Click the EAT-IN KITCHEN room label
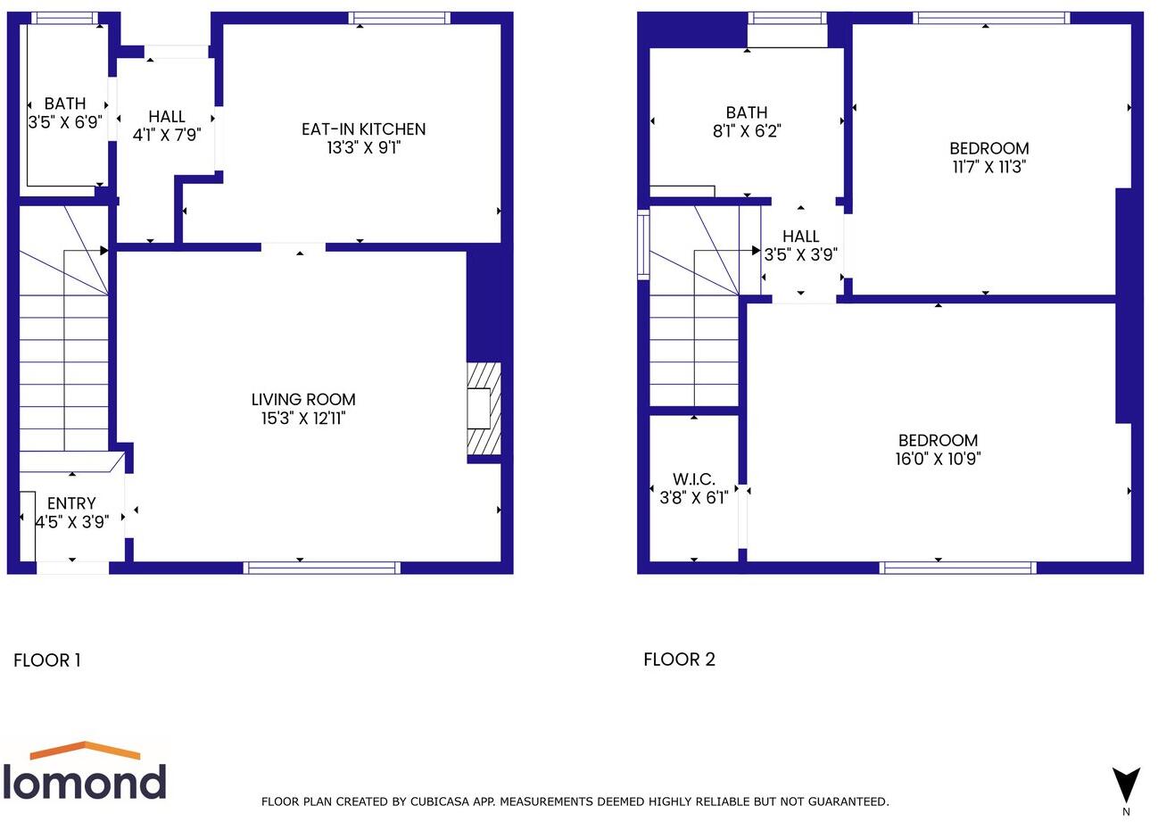coord(363,129)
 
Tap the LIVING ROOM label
coord(303,400)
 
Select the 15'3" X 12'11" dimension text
coord(303,419)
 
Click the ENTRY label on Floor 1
coord(71,503)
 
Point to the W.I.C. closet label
coord(693,479)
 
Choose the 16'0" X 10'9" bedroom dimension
coord(938,459)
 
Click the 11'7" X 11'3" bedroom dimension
coord(988,167)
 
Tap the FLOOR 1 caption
coord(47,660)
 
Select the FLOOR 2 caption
coord(679,660)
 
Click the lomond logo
coord(85,772)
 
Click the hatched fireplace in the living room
coord(484,409)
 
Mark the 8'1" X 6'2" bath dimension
coord(747,131)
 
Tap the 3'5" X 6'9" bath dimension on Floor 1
coord(64,122)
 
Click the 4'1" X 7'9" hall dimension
coord(167,135)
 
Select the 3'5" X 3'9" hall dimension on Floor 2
coord(800,254)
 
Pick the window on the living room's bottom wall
coord(322,568)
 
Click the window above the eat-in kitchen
coord(399,18)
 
